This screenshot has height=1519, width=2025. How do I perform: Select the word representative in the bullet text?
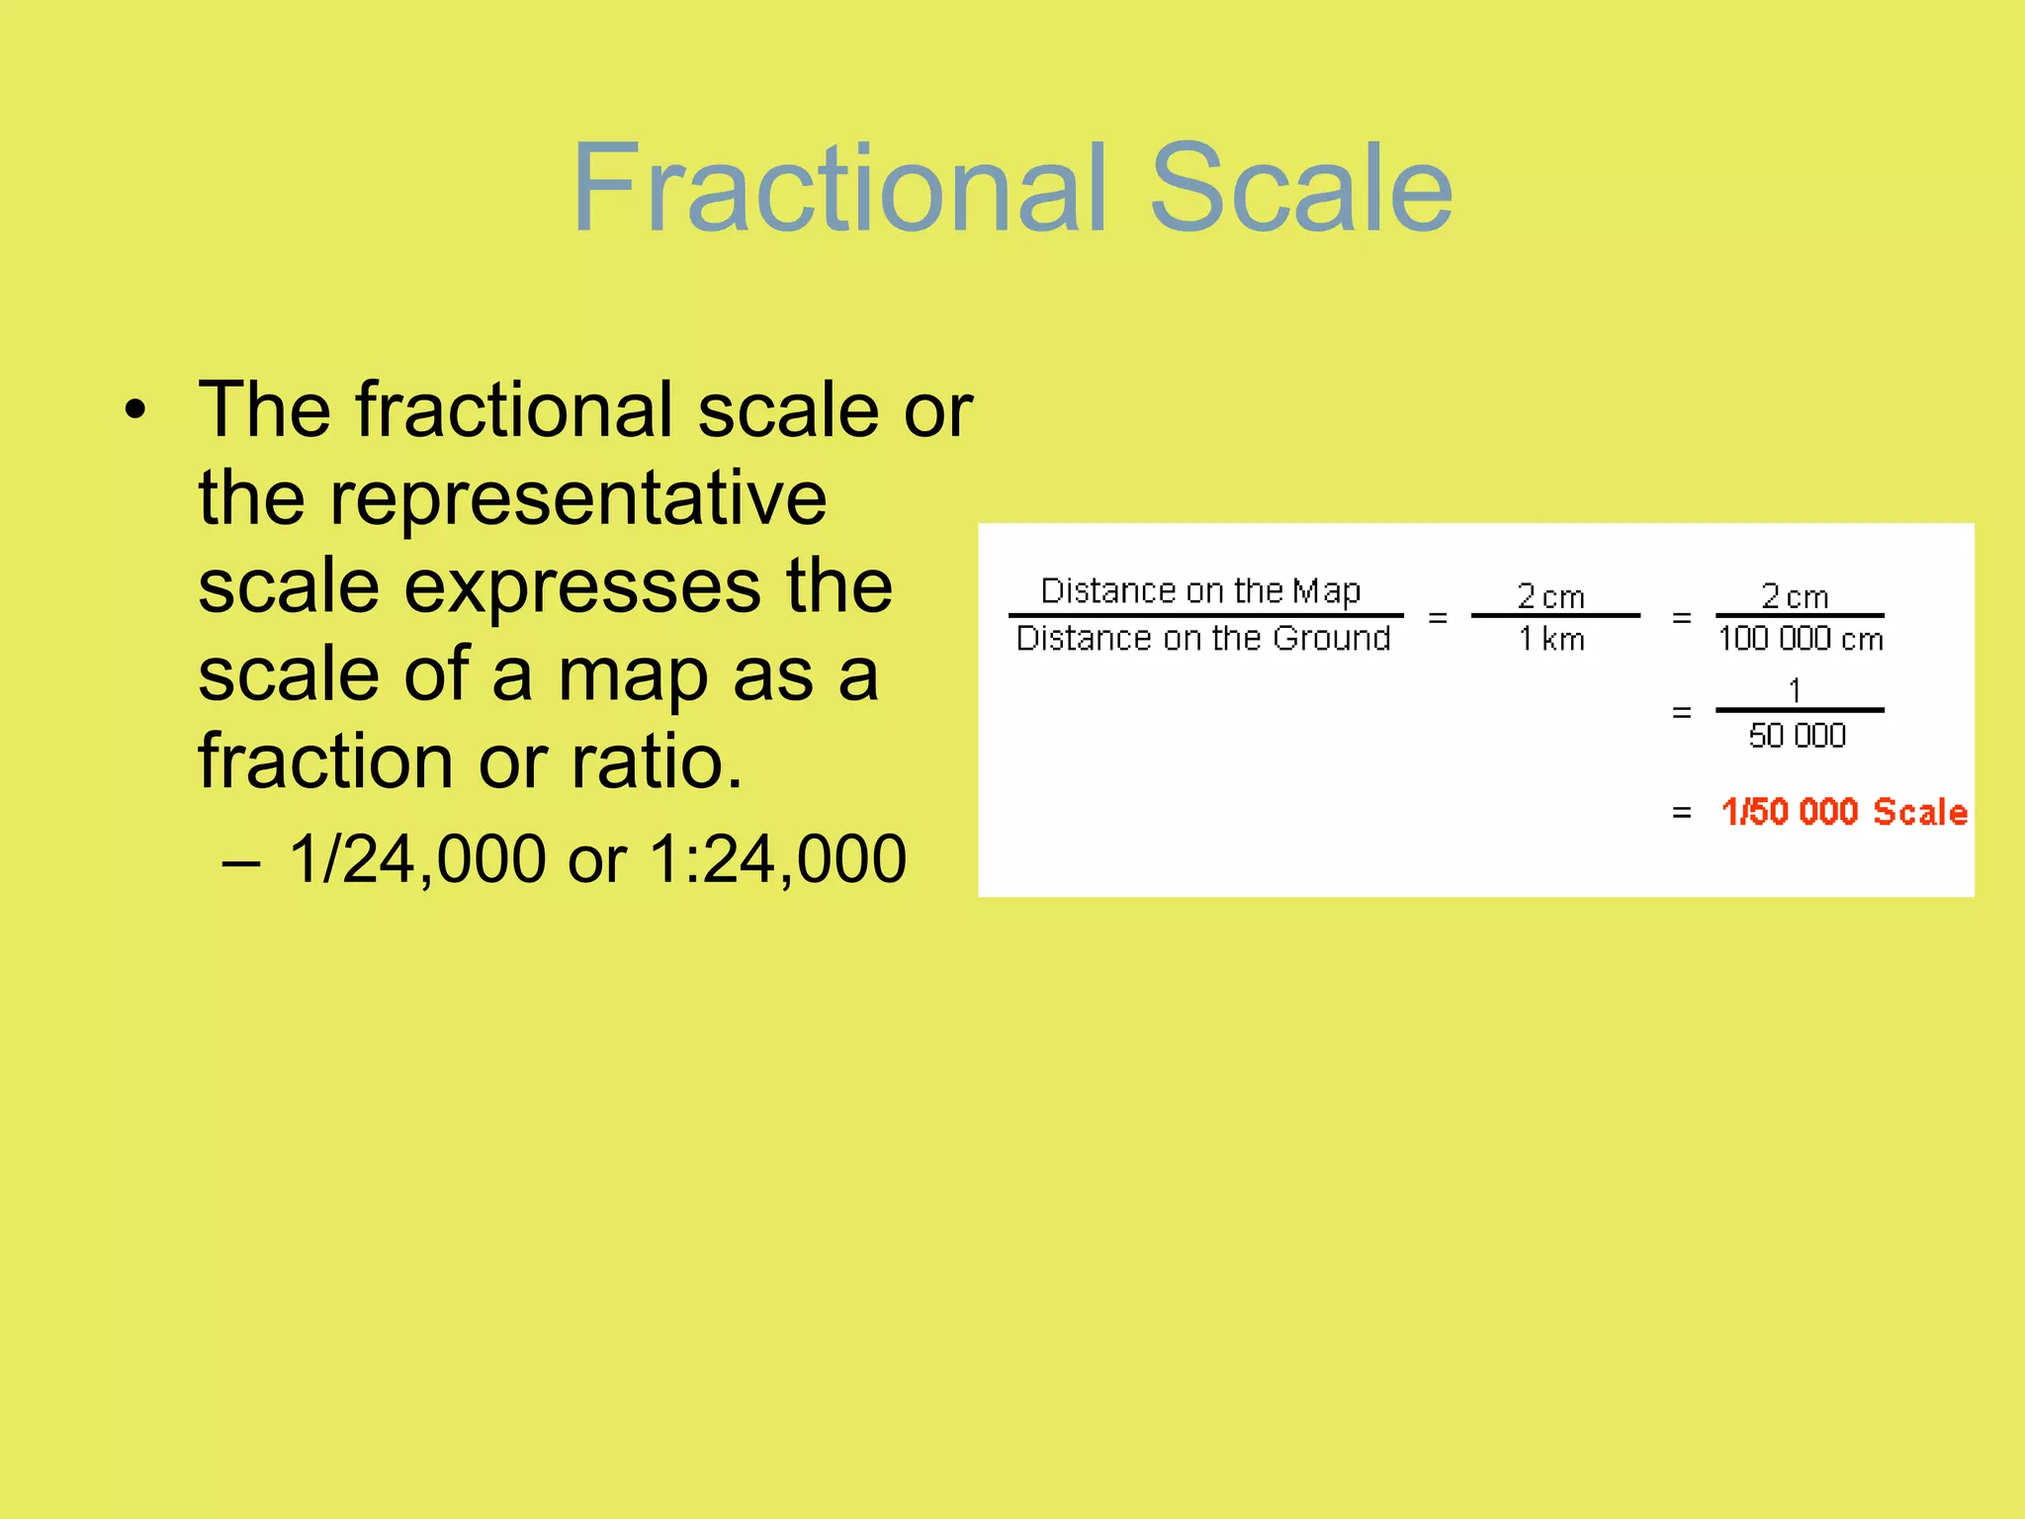tap(577, 497)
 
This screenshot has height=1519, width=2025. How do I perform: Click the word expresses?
tap(582, 587)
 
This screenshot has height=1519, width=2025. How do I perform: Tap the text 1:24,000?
tap(777, 858)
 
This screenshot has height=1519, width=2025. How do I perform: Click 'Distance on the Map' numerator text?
tap(1200, 590)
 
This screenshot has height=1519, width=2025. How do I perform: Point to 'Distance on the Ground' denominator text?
tap(1203, 639)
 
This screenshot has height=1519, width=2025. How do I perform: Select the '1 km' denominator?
tap(1551, 640)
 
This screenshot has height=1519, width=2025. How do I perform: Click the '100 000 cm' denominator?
tap(1801, 640)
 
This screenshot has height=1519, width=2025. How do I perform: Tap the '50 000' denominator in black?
tap(1797, 736)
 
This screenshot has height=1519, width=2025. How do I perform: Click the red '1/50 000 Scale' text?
tap(1844, 812)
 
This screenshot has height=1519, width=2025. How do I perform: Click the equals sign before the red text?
tap(1681, 813)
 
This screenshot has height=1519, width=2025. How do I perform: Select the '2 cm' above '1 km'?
tap(1551, 596)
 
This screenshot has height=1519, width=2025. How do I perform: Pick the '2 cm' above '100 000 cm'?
tap(1795, 596)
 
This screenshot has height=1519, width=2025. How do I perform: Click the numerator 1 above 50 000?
tap(1795, 690)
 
